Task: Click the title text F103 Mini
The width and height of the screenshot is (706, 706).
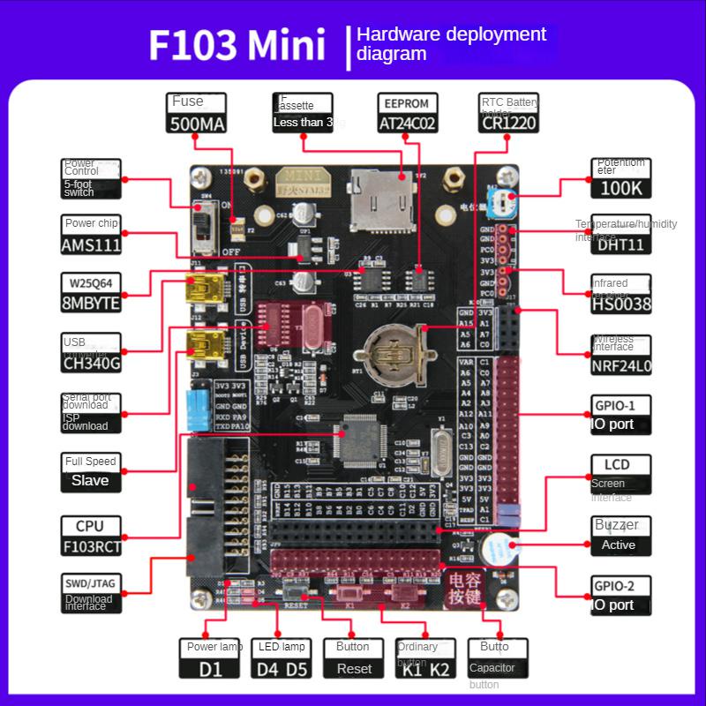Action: [237, 45]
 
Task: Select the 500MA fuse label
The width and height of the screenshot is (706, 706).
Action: [198, 124]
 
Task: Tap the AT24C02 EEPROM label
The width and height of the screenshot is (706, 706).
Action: [408, 124]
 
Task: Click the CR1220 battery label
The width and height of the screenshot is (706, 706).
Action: [509, 124]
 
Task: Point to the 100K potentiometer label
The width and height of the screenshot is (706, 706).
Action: [621, 188]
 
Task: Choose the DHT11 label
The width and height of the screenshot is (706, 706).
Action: [621, 244]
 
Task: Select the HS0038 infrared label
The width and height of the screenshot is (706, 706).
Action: [621, 304]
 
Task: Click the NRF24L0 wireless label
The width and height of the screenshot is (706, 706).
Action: [621, 365]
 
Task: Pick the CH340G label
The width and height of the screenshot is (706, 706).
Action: [90, 363]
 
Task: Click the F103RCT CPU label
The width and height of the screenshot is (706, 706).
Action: [90, 546]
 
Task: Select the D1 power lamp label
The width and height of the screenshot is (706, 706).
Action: [211, 668]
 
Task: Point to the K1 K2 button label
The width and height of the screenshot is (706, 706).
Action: [426, 668]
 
